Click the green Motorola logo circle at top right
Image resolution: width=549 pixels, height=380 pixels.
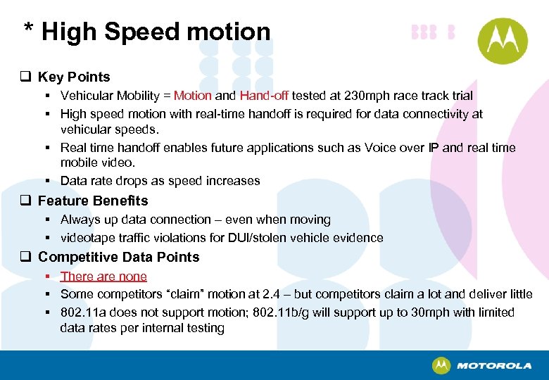503,41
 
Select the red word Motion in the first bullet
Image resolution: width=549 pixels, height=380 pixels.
192,96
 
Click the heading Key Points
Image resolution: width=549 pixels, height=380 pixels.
74,77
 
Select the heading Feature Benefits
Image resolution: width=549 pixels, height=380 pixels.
93,201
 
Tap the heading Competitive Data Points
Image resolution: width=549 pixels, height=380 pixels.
118,257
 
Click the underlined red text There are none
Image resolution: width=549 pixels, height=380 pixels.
103,277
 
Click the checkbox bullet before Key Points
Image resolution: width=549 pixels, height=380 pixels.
26,77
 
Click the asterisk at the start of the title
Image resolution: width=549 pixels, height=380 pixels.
29,30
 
